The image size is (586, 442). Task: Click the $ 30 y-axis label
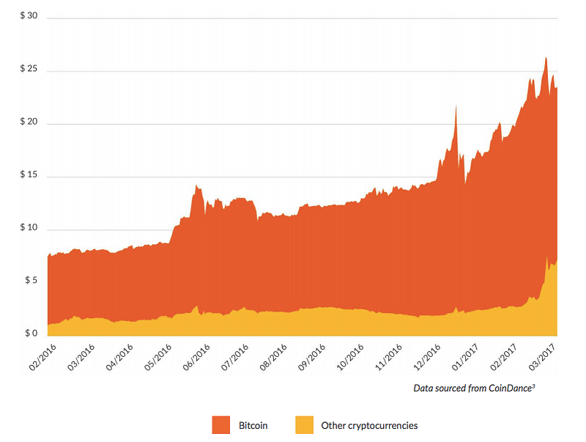coord(29,15)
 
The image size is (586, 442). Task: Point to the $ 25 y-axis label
coord(29,68)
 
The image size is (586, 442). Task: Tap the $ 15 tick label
coord(29,174)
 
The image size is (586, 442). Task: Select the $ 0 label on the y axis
coord(31,334)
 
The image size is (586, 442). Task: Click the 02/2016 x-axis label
coord(42,358)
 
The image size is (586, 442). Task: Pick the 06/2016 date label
coord(196,358)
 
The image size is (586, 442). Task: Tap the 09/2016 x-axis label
coord(312,358)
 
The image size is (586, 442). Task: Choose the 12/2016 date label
coord(427,358)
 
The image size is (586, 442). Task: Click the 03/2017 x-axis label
coord(542,358)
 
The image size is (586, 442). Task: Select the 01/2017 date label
coord(465,358)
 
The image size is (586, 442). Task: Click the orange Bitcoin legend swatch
coord(221,425)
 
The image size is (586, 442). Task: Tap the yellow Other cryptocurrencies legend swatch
coord(304,425)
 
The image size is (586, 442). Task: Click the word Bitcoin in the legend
coord(253,426)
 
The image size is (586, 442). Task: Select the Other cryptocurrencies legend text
coord(369,426)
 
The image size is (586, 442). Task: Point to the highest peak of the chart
coord(546,58)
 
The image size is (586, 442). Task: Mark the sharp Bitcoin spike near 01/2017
coord(456,106)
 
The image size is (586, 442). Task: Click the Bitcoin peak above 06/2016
coord(196,185)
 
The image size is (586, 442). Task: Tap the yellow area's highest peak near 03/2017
coord(546,257)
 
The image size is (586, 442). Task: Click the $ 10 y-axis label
coord(29,227)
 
